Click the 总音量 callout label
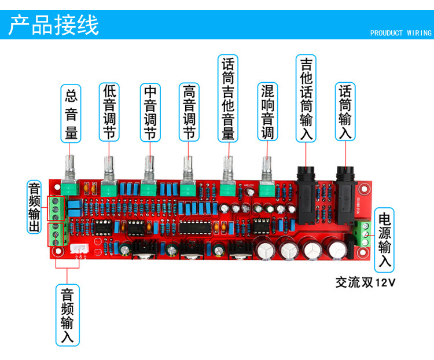[x=71, y=113]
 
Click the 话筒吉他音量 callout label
[x=228, y=98]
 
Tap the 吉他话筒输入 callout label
[x=306, y=98]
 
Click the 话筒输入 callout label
[x=345, y=112]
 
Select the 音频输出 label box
[x=35, y=207]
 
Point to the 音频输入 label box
[x=67, y=315]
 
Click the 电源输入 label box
[x=384, y=241]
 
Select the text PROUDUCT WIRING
[x=400, y=33]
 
